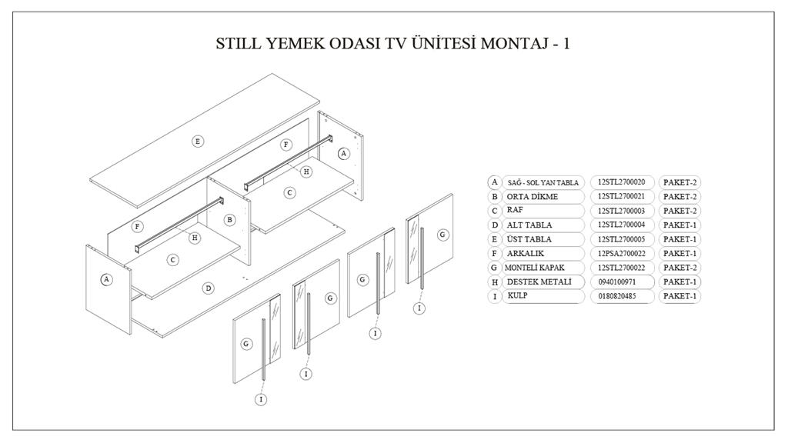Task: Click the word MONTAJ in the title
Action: pos(511,43)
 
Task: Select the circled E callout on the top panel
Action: pos(198,141)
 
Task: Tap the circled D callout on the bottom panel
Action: pos(208,288)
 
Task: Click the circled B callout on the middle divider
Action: pos(229,219)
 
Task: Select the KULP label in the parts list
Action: pos(516,296)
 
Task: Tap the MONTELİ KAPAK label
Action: pos(536,268)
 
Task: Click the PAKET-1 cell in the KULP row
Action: pos(679,296)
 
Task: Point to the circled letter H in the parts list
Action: pos(495,282)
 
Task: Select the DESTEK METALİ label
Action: pos(539,282)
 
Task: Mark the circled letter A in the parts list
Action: pos(495,182)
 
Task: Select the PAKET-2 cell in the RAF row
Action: pos(679,211)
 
